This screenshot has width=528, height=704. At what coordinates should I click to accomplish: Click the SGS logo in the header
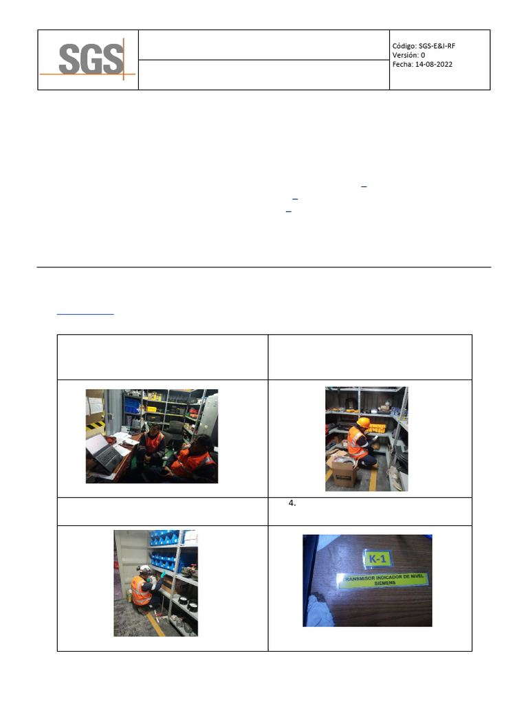click(x=89, y=60)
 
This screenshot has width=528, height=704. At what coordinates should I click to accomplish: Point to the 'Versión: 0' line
click(x=408, y=55)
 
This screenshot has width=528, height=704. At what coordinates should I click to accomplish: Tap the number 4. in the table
click(x=292, y=503)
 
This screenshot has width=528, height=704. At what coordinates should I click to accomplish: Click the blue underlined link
click(x=85, y=314)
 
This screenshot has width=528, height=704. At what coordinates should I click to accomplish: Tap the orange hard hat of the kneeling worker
click(x=364, y=422)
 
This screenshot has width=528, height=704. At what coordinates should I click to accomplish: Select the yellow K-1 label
click(x=377, y=558)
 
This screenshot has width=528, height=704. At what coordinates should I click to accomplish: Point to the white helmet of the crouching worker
click(x=144, y=570)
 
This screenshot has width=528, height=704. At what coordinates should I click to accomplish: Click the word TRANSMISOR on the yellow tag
click(x=362, y=578)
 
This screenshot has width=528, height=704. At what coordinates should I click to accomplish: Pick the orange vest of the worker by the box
click(x=357, y=443)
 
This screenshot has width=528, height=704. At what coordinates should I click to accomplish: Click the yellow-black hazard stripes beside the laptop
click(x=93, y=428)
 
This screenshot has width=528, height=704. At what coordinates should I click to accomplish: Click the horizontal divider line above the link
click(x=264, y=267)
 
